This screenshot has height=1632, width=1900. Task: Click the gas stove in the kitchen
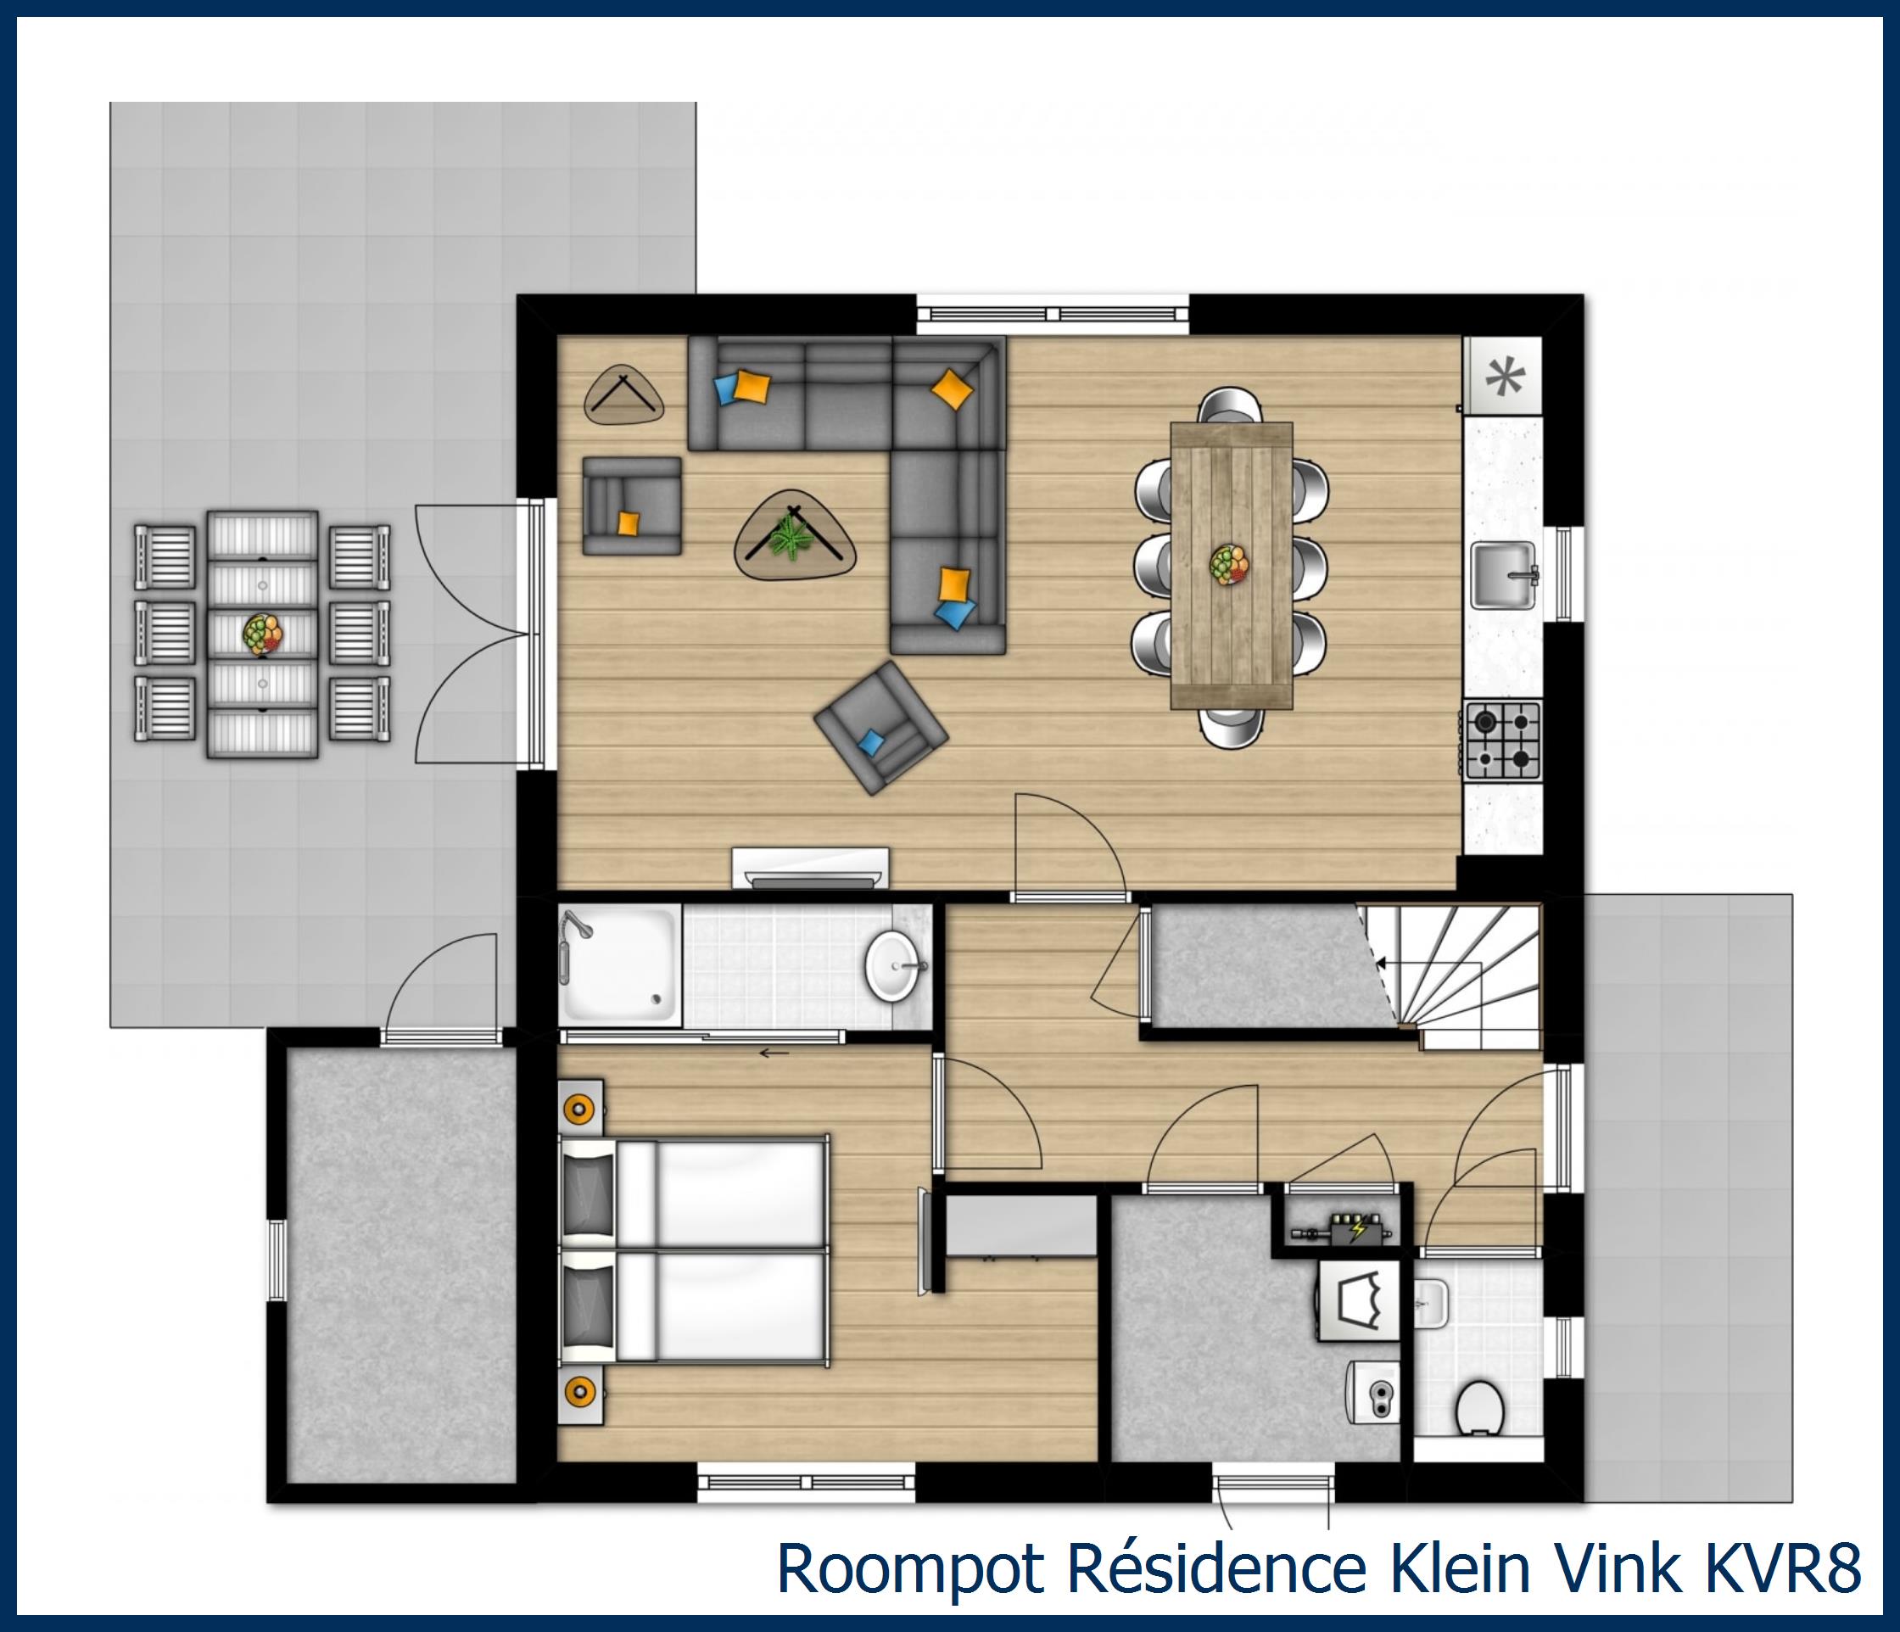[x=1502, y=740]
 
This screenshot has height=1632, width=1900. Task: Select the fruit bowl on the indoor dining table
[x=1230, y=563]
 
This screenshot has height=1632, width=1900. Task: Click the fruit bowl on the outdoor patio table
[x=263, y=634]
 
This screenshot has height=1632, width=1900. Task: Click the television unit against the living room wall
[x=811, y=868]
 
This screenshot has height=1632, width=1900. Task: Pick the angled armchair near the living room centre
[x=880, y=727]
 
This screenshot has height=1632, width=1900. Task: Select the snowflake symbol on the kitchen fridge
[x=1503, y=376]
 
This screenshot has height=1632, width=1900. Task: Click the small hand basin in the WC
[x=1430, y=1303]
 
